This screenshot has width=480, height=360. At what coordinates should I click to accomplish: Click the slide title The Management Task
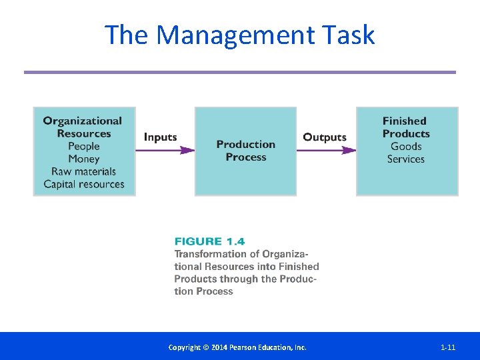[x=240, y=35]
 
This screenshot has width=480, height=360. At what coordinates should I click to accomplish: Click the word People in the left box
[x=84, y=146]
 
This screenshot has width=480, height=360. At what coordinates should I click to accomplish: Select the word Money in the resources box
[x=84, y=159]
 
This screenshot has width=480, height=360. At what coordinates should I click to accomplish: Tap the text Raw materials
[x=84, y=171]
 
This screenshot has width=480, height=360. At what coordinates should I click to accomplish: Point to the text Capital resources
[x=84, y=184]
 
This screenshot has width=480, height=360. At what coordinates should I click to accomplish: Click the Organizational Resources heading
[x=83, y=127]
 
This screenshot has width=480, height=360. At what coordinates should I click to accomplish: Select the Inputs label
[x=161, y=137]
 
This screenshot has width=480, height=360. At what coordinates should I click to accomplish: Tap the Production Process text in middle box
[x=245, y=151]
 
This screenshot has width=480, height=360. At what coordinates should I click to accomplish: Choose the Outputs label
[x=325, y=137]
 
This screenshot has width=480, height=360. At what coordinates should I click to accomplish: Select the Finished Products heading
[x=405, y=127]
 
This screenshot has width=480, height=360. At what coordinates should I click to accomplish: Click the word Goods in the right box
[x=406, y=146]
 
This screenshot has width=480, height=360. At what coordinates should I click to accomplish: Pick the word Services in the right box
[x=406, y=159]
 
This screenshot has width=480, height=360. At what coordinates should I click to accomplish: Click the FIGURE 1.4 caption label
[x=209, y=241]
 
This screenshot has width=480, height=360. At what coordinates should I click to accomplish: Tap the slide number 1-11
[x=448, y=347]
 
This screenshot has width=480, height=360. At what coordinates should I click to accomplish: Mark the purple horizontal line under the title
[x=240, y=72]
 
